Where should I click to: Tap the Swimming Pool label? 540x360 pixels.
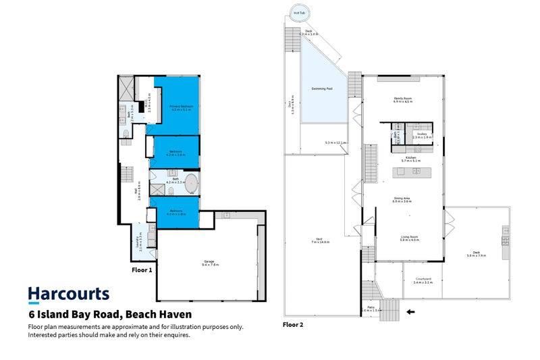321,88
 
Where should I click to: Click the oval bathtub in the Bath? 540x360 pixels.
191,183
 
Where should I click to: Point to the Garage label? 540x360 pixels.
209,264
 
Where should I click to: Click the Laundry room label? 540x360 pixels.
140,242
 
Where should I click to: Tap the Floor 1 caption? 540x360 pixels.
141,269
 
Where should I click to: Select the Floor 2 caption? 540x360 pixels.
292,324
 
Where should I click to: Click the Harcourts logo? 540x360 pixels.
68,294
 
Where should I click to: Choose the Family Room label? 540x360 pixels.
403,100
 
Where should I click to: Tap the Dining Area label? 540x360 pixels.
403,199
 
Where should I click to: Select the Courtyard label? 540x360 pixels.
423,280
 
